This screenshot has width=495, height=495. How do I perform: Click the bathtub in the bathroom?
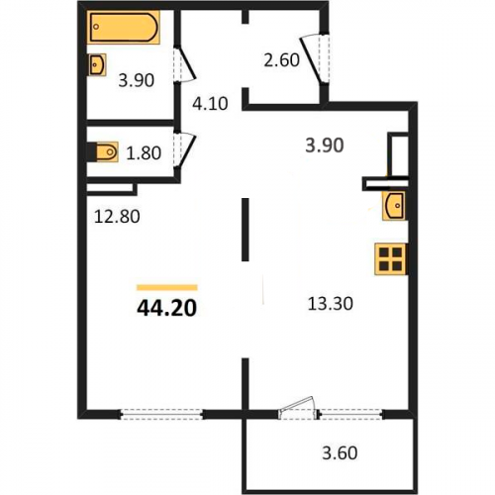tap(124, 27)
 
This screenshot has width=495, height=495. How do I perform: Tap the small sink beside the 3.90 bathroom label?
tap(97, 64)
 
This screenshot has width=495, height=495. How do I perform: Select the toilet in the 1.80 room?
tap(106, 152)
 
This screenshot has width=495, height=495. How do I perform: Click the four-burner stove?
tap(391, 259)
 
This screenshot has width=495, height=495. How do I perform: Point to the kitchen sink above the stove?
tap(394, 206)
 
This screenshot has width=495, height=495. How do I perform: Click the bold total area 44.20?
tap(166, 309)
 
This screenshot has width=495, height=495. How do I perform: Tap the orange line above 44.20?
tap(167, 287)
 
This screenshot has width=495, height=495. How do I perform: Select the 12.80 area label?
tap(117, 217)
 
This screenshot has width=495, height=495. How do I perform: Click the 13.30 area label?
tap(330, 304)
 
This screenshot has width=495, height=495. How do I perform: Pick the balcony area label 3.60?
tap(340, 453)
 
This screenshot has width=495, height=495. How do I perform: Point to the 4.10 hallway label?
tap(210, 104)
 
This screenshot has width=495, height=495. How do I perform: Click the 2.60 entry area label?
tap(281, 60)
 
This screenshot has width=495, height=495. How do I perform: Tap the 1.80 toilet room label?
tap(144, 153)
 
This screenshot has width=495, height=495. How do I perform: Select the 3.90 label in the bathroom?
tap(137, 80)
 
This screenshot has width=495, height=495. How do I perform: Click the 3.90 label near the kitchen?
tap(325, 146)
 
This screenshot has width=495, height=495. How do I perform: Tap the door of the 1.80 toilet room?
tap(185, 149)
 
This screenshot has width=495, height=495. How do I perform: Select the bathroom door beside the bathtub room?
tap(185, 64)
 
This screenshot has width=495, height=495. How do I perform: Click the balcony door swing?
tap(298, 405)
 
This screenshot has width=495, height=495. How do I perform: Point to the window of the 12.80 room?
tap(161, 414)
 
